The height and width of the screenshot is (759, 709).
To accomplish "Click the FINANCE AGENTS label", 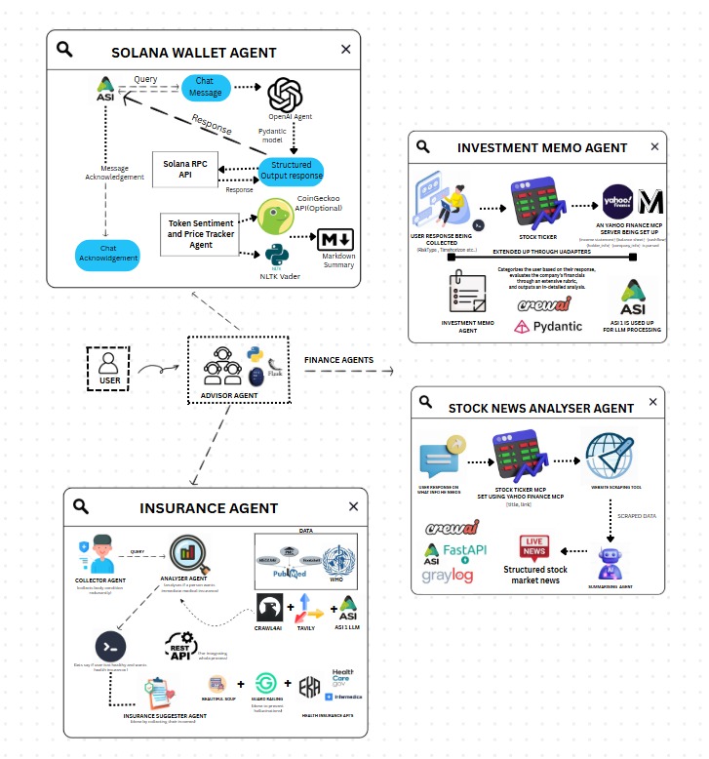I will click(338, 360).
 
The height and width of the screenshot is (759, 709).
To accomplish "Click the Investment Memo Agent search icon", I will click(423, 147).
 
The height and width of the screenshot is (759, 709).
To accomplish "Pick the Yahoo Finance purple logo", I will click(620, 203).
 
